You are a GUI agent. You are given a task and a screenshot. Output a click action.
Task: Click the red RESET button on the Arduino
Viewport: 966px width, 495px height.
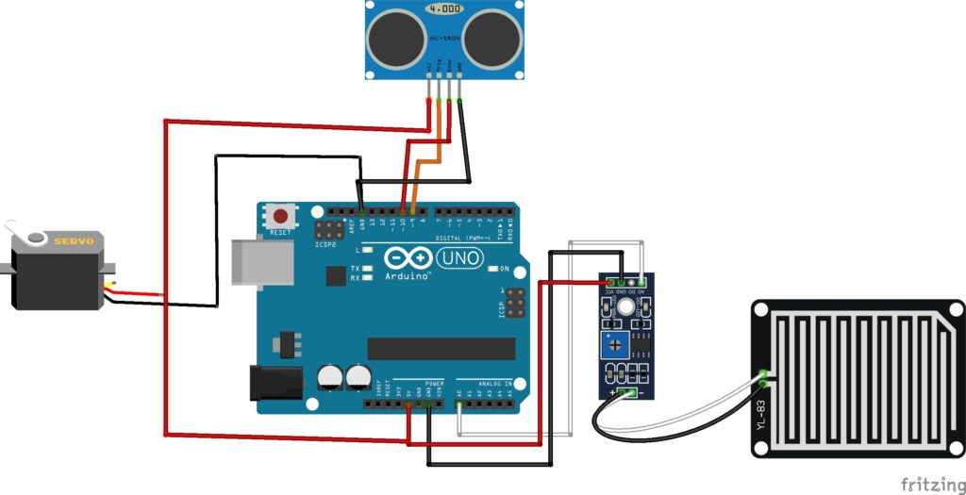coord(279,216)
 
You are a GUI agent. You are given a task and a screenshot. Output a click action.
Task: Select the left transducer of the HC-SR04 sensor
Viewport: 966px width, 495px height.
coord(394,38)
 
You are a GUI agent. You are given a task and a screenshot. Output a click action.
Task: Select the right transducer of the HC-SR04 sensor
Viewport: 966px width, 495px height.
coord(491,38)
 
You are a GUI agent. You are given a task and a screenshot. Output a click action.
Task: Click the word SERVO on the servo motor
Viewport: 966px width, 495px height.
coord(74,242)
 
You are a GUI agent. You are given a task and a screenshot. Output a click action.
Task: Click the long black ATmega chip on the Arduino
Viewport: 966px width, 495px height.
coord(441,348)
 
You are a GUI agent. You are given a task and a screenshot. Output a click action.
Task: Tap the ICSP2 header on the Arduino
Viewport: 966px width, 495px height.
coord(328,229)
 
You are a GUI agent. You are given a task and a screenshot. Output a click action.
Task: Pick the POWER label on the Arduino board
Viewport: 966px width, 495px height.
coord(433,384)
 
